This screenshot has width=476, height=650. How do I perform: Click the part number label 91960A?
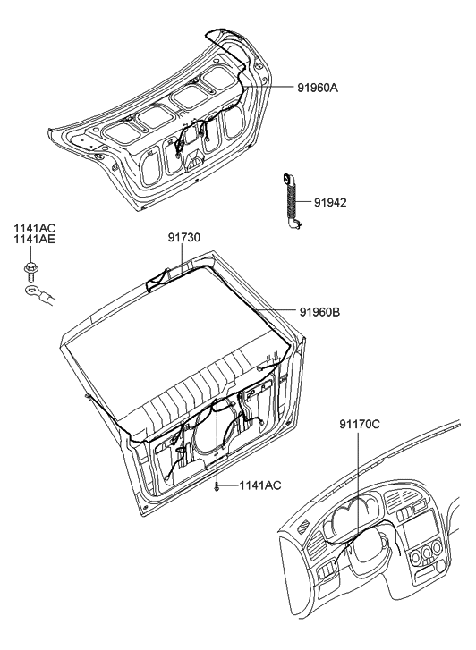point(324,88)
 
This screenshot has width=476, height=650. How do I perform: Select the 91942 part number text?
point(330,203)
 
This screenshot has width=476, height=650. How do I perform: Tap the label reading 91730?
point(185,239)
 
